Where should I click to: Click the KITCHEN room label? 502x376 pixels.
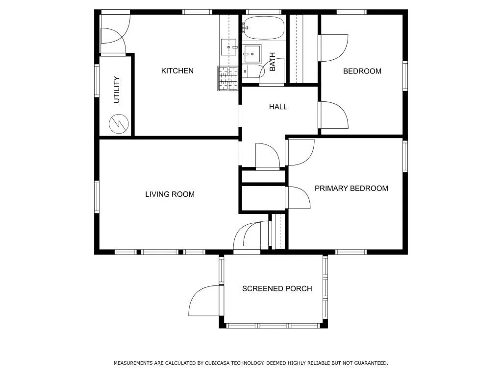[177, 70]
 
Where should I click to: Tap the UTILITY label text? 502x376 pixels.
[117, 90]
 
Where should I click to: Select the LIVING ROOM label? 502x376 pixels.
[170, 194]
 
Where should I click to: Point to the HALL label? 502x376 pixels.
[278, 107]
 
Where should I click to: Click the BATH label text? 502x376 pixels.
[272, 62]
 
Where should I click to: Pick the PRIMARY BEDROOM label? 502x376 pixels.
[351, 188]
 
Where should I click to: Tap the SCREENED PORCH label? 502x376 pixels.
[277, 289]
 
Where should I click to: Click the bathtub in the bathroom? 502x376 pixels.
[263, 28]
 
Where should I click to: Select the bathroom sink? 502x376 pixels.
[251, 53]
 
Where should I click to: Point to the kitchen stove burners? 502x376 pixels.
[228, 78]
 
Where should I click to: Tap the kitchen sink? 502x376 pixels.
[228, 47]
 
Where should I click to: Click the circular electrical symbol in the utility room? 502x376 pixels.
[119, 123]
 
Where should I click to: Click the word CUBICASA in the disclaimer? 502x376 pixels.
[217, 363]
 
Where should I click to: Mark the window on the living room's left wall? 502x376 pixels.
[97, 197]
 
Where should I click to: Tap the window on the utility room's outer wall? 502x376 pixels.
[97, 80]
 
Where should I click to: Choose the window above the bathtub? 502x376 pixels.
[263, 12]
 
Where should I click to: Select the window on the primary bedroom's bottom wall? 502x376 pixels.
[351, 252]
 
